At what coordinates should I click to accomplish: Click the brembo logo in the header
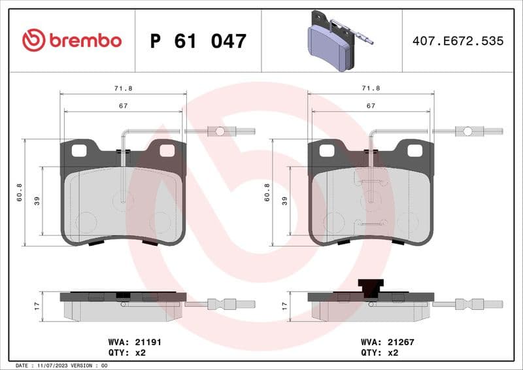point(72,41)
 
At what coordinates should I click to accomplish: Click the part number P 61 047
point(198,41)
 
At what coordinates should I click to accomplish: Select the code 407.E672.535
point(458,41)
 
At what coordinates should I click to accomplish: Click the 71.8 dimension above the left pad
point(122,88)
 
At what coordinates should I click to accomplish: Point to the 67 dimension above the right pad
point(371,105)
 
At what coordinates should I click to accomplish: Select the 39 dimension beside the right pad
point(284,201)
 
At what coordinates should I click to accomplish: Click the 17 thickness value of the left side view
point(37,305)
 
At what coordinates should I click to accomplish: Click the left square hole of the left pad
point(78,150)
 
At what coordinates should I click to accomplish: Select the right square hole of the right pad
point(414,150)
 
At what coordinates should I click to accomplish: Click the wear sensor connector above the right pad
point(467,131)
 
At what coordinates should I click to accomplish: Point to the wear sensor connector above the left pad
point(220,131)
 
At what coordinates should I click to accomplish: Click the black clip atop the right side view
point(371,287)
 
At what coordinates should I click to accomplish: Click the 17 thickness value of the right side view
point(284,305)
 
